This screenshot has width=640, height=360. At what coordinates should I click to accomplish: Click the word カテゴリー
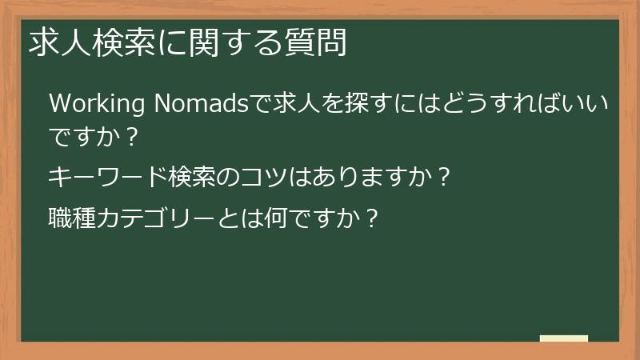[157, 218]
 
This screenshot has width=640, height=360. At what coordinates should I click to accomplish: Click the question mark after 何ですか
[369, 218]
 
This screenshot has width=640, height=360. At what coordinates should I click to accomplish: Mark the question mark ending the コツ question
[445, 176]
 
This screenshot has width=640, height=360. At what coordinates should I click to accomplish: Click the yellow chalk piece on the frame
[563, 339]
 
